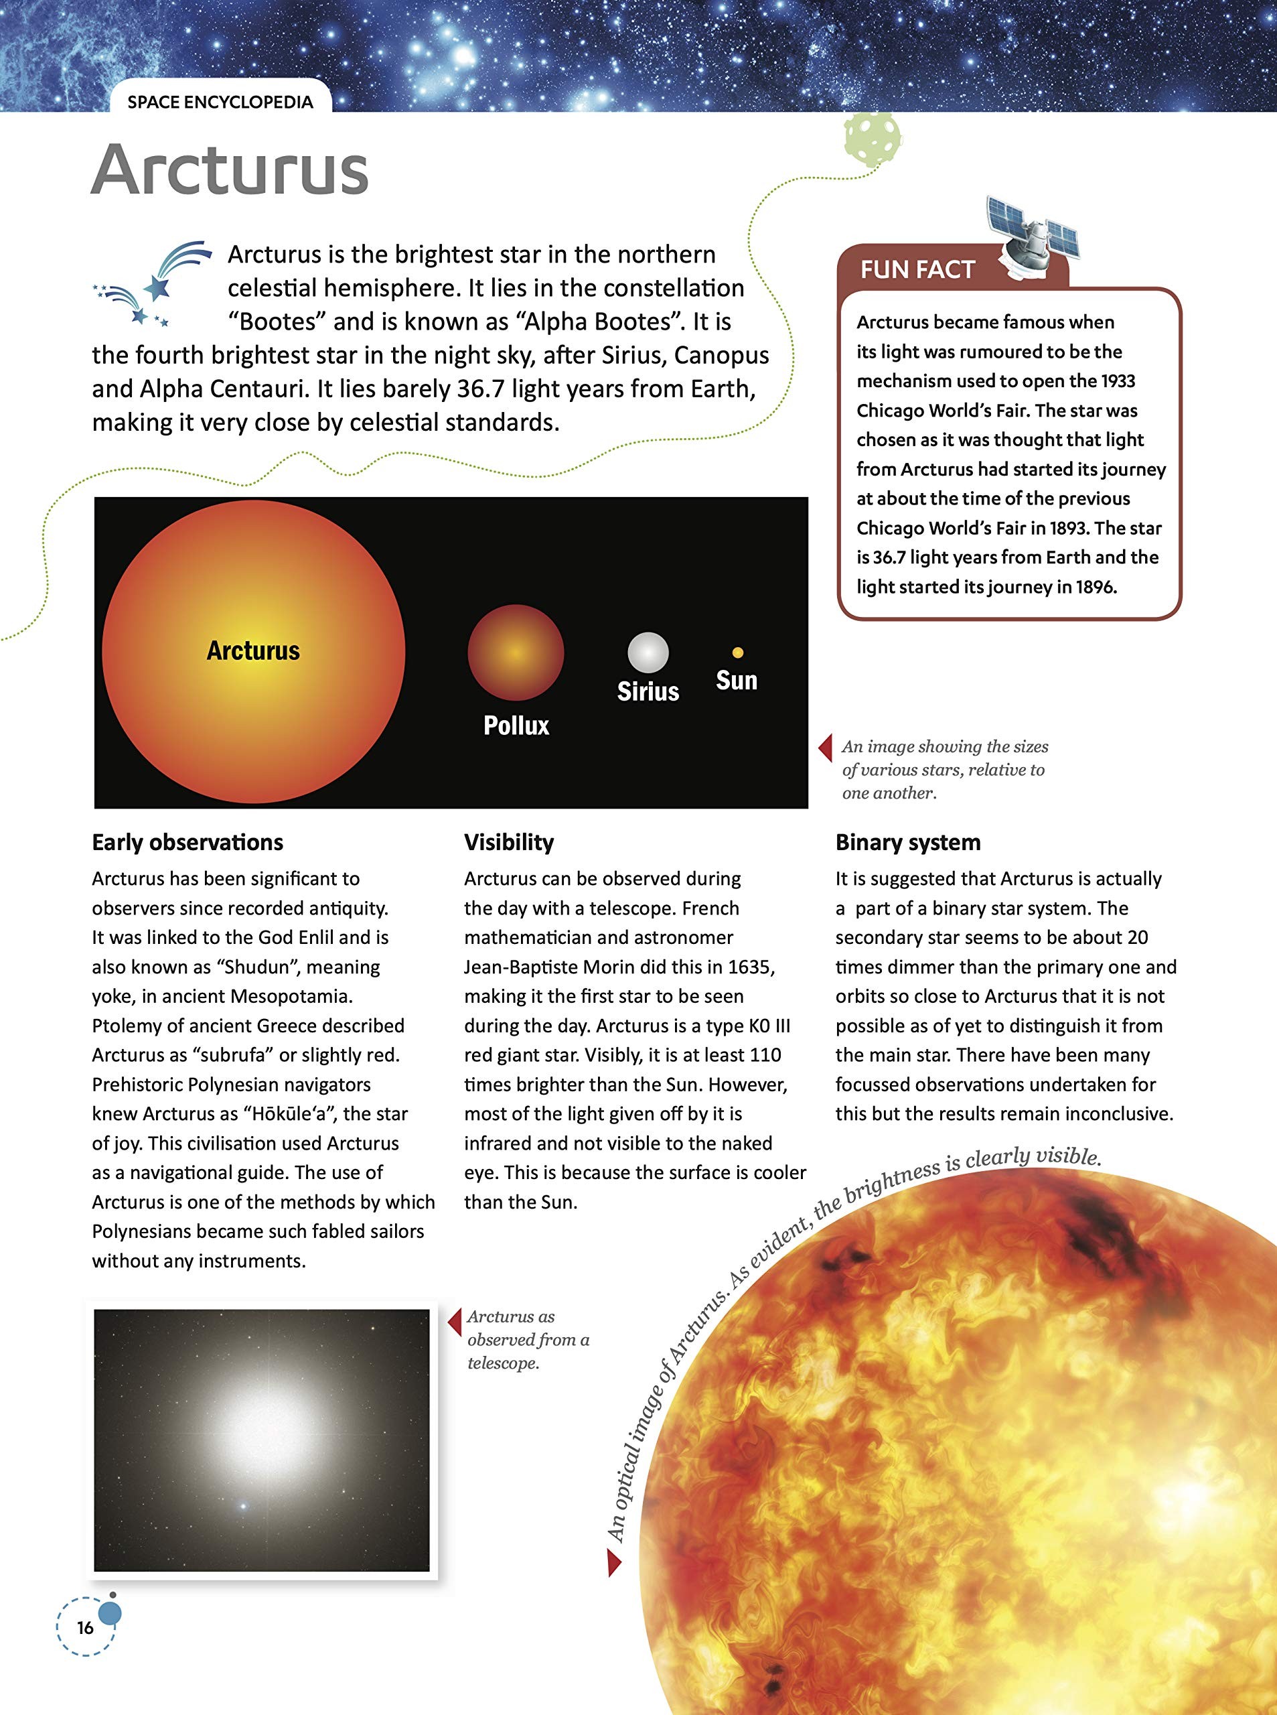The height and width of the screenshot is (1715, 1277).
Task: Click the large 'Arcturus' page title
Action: [x=230, y=170]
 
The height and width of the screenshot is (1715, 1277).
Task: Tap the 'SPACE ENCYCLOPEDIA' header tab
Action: [x=220, y=102]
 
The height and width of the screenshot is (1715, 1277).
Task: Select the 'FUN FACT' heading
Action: [x=917, y=270]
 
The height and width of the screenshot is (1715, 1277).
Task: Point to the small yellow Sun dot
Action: [x=737, y=653]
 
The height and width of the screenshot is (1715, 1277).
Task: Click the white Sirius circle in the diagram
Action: [x=648, y=653]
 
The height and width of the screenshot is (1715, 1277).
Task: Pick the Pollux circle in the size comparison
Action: [x=516, y=653]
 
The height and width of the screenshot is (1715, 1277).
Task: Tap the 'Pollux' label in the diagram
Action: [x=516, y=726]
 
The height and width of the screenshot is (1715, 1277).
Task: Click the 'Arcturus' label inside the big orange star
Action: [x=252, y=650]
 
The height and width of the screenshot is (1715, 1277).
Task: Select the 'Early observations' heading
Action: [x=188, y=842]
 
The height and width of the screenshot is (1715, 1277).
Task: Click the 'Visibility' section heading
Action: [x=509, y=842]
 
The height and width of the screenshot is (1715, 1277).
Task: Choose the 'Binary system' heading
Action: [x=907, y=842]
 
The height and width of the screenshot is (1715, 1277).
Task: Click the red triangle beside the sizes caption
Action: [x=826, y=747]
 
